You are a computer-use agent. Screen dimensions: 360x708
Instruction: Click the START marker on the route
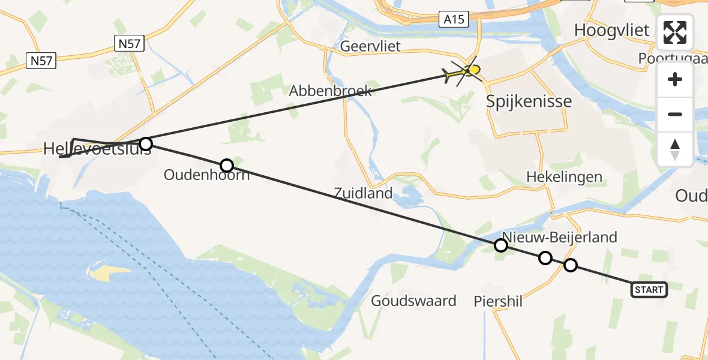click(649, 290)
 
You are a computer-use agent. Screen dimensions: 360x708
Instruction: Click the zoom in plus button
click(675, 79)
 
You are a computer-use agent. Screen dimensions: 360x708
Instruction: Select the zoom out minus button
click(675, 114)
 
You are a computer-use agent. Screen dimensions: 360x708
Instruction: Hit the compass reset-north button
click(675, 149)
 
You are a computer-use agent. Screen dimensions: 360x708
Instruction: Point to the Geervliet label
click(370, 46)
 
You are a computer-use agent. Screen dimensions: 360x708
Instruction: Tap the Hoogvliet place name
click(611, 30)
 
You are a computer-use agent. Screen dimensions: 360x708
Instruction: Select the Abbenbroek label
click(331, 91)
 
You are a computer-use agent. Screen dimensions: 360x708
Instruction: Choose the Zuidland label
click(364, 193)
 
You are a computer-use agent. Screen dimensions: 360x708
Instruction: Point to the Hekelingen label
click(564, 177)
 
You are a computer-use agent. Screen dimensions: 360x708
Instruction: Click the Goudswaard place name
click(413, 301)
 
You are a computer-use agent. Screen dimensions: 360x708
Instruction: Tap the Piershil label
click(497, 301)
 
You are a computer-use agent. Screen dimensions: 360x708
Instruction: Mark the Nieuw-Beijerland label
click(560, 237)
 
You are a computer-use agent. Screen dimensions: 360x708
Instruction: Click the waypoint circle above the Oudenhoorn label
click(226, 165)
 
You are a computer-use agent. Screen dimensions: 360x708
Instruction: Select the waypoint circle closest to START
click(571, 265)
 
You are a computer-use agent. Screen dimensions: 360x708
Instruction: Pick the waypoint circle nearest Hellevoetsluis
click(146, 143)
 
